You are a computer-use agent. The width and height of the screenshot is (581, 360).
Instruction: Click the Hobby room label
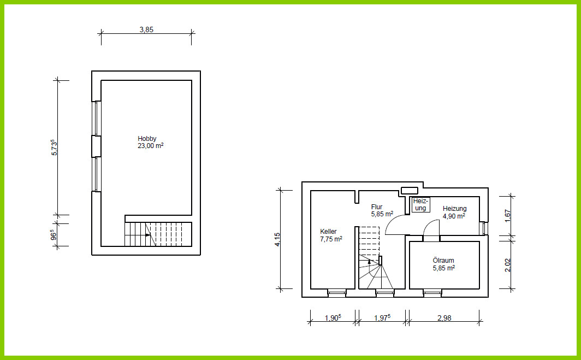pyautogui.click(x=147, y=139)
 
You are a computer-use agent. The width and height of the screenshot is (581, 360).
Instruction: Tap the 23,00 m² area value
pyautogui.click(x=151, y=146)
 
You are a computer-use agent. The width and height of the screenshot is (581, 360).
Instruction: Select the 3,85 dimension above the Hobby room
pyautogui.click(x=146, y=29)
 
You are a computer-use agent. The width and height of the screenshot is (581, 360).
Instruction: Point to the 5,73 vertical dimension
pyautogui.click(x=54, y=147)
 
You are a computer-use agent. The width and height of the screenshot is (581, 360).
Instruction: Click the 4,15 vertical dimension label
pyautogui.click(x=277, y=239)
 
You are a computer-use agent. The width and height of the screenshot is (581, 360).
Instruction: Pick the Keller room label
pyautogui.click(x=328, y=232)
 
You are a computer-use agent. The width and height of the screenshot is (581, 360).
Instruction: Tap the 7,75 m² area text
pyautogui.click(x=331, y=239)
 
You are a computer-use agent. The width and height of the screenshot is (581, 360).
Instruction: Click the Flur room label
pyautogui.click(x=376, y=207)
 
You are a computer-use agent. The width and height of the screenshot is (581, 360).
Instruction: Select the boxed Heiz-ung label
pyautogui.click(x=421, y=205)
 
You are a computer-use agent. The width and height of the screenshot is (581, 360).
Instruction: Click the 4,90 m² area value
pyautogui.click(x=454, y=216)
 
